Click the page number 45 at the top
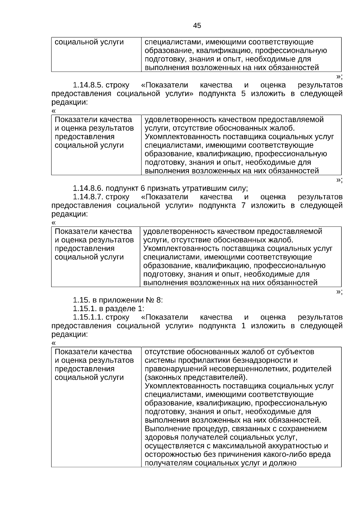(197, 26)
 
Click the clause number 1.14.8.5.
(88, 85)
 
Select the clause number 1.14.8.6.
(88, 189)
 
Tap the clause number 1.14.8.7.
(88, 197)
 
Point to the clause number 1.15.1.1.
(88, 317)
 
